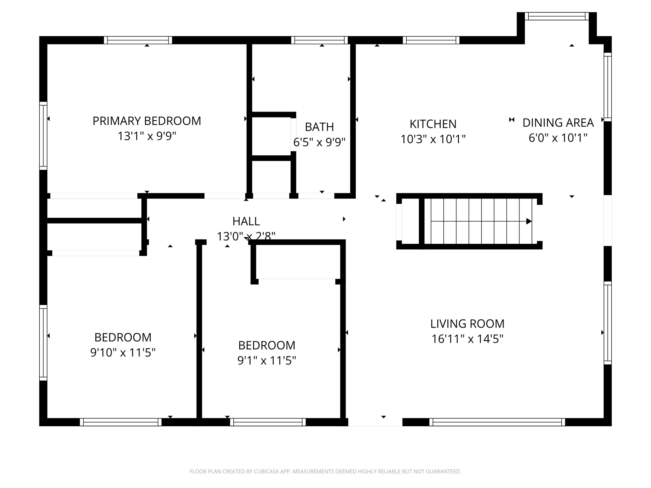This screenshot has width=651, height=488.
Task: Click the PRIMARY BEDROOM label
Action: coord(147,121)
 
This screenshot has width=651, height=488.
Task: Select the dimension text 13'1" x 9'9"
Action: coord(147,136)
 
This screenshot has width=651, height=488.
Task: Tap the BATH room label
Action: coord(319,127)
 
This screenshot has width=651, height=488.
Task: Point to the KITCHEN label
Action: coord(433,124)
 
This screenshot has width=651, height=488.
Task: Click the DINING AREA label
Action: coord(558,123)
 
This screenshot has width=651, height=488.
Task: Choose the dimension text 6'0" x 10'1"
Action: coord(558,138)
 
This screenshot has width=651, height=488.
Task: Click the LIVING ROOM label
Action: coord(467,324)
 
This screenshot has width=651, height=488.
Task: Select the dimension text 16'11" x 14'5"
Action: coord(467,339)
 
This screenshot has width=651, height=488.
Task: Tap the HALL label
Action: coord(246,221)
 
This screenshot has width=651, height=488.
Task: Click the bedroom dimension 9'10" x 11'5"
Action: coord(123,352)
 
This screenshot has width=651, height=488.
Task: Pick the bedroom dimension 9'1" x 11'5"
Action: coord(267,361)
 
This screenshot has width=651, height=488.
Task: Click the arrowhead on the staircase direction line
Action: coord(529,221)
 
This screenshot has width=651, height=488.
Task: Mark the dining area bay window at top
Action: coord(557,16)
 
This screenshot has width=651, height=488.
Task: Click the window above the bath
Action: coord(319,40)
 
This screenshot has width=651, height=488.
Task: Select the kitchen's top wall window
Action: coord(431,40)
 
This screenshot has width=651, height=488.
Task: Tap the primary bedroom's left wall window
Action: coord(43,136)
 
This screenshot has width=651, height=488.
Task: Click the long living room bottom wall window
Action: coord(497,422)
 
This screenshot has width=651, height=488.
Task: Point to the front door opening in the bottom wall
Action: coord(375,422)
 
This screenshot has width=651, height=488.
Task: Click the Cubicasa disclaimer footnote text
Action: coord(325,471)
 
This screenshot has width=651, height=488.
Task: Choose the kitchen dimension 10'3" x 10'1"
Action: coord(433,139)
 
